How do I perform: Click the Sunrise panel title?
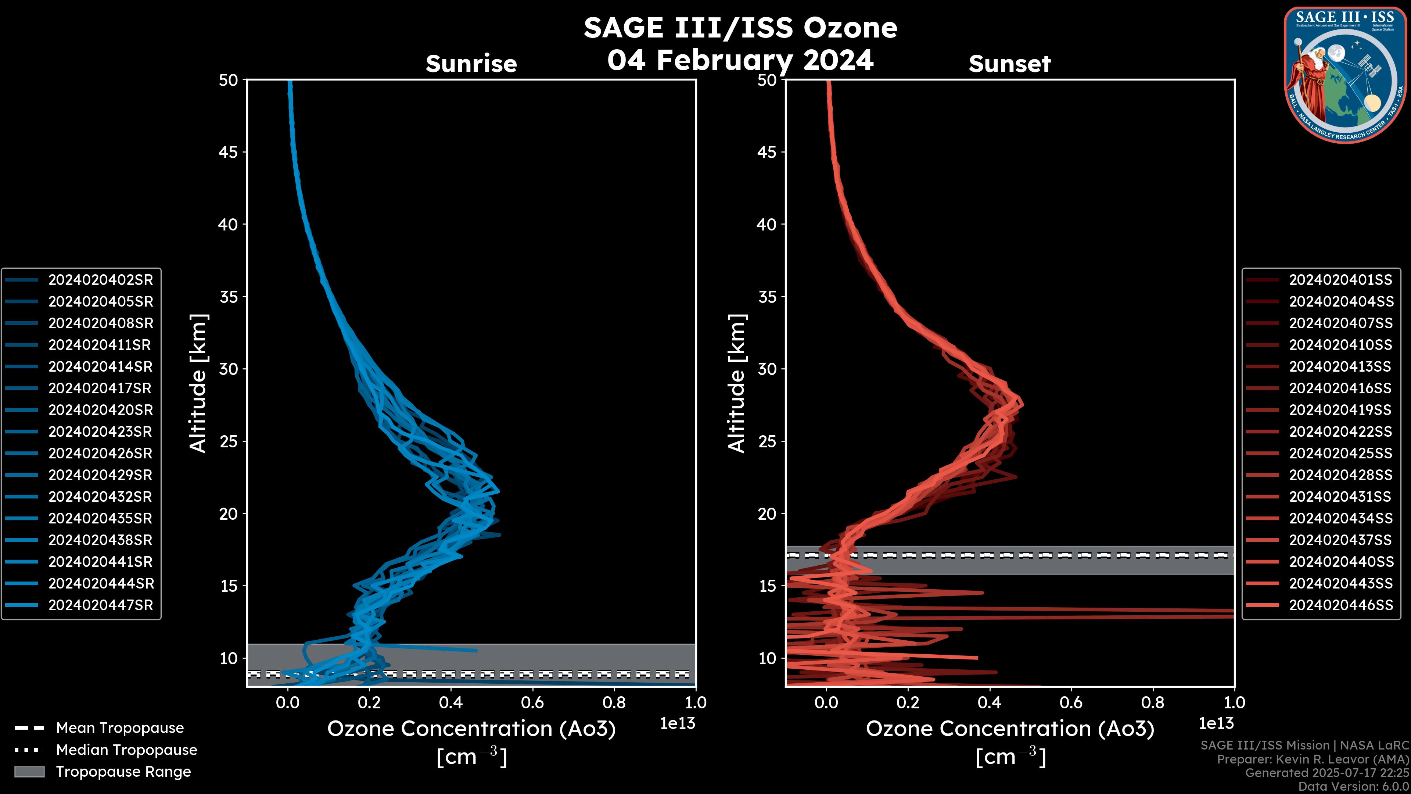point(471,64)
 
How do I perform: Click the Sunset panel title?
point(1009,64)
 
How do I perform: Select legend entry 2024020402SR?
point(100,280)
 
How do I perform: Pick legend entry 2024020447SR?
point(100,605)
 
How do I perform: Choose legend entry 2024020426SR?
point(100,454)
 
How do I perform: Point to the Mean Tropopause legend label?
point(120,728)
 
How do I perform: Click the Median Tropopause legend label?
point(126,750)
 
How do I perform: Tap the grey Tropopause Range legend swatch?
point(29,772)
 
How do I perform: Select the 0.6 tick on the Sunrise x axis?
point(532,702)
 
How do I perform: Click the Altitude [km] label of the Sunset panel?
point(737,383)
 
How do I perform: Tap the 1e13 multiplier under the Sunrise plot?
point(677,724)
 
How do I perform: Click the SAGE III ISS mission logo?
point(1344,75)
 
